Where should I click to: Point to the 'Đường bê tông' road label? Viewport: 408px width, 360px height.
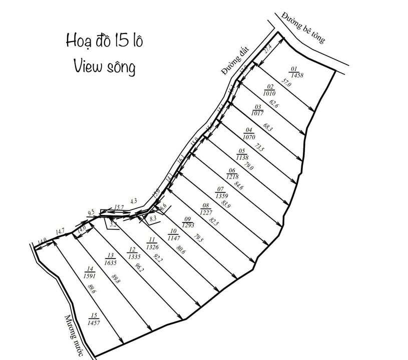(303, 27)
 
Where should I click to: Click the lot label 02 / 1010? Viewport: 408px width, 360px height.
(269, 90)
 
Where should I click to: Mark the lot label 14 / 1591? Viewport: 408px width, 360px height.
(92, 271)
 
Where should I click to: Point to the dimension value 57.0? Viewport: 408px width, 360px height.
(286, 83)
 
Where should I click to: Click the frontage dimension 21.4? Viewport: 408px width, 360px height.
(268, 49)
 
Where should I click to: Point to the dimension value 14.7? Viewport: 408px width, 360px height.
(60, 230)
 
